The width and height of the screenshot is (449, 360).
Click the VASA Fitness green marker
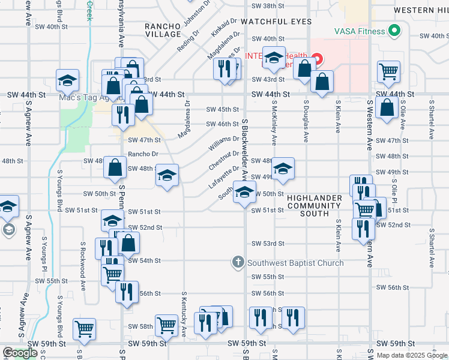(394, 29)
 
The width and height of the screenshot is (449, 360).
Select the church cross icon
(238, 262)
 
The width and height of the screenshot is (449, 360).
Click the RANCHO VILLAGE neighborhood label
(163, 30)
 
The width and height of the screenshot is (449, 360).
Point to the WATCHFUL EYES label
(277, 22)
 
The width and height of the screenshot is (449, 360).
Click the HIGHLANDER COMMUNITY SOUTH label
(314, 205)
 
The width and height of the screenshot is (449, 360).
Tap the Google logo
(20, 353)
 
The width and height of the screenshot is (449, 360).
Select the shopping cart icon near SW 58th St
(166, 325)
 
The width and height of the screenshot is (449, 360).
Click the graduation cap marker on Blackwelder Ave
(244, 193)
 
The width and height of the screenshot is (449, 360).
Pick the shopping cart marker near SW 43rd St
(388, 71)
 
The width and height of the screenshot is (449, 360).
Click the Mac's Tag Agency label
(83, 97)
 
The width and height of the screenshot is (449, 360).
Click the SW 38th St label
(268, 6)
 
